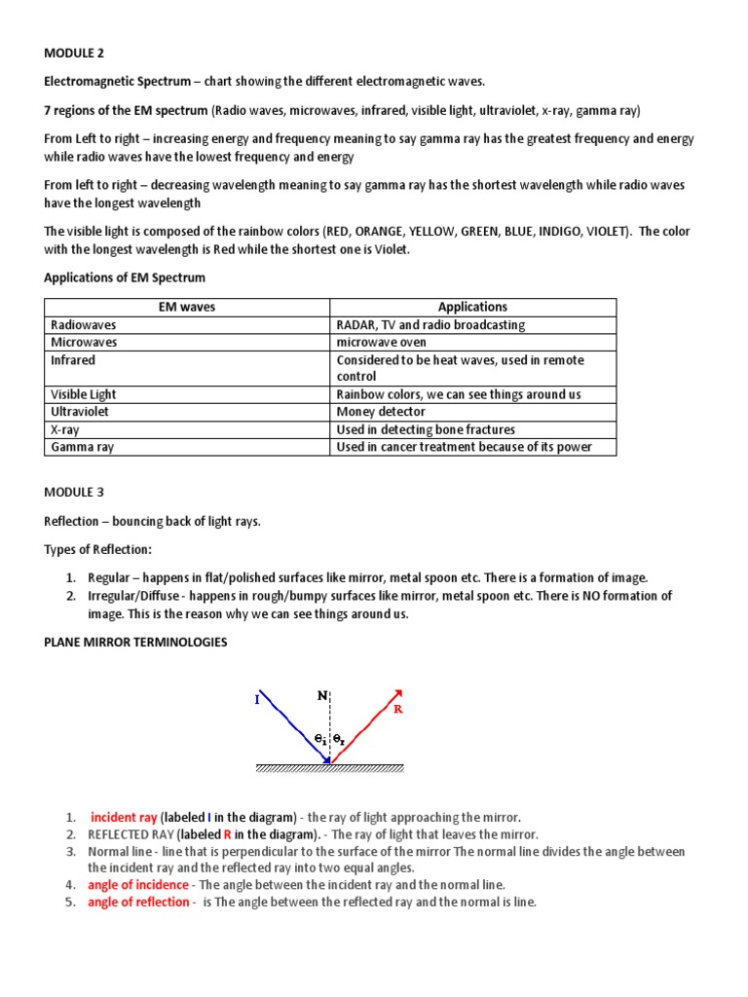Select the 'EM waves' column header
(x=187, y=307)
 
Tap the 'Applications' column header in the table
(x=472, y=307)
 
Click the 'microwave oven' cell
(x=381, y=342)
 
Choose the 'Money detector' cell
(x=381, y=412)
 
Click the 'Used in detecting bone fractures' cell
(x=426, y=429)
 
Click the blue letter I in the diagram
(x=257, y=699)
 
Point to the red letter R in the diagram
(x=397, y=710)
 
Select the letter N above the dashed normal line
(x=321, y=695)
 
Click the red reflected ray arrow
(x=366, y=725)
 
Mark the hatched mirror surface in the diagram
(x=329, y=768)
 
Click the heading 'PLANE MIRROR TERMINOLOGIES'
(x=134, y=643)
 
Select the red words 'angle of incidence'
(x=138, y=885)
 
